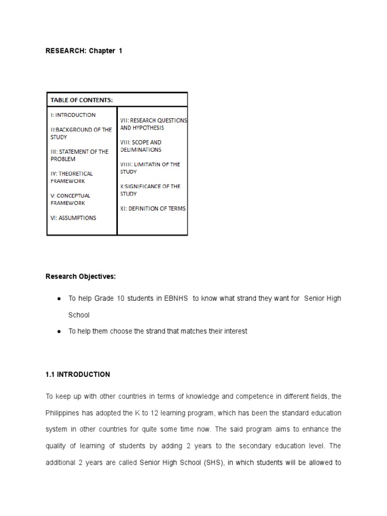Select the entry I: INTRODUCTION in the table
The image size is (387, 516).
click(73, 115)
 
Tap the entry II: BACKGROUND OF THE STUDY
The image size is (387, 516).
click(80, 133)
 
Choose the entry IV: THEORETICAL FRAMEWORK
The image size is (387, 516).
click(71, 177)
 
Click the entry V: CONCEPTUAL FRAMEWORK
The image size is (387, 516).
click(70, 199)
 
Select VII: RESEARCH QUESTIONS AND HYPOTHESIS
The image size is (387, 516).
click(153, 124)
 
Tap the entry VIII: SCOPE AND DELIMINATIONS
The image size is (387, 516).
click(141, 146)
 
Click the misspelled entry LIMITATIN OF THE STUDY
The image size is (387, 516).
click(150, 168)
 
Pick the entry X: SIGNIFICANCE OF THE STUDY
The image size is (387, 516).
click(150, 190)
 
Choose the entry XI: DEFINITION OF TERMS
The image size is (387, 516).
click(153, 209)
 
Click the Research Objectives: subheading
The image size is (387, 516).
click(81, 276)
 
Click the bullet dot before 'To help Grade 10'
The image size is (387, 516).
click(59, 299)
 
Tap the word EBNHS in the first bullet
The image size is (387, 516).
click(174, 298)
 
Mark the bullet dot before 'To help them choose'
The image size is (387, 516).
click(59, 332)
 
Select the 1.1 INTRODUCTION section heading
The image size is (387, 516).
click(78, 374)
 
